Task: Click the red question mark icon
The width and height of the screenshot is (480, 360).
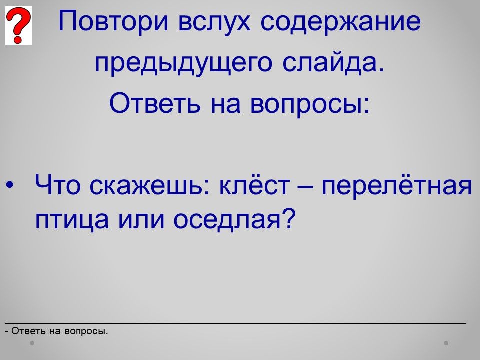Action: tap(18, 25)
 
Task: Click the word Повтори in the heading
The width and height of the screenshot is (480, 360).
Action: tap(113, 21)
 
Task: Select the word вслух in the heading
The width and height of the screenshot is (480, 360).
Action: tap(214, 21)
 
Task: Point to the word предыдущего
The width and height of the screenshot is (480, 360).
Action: tap(183, 63)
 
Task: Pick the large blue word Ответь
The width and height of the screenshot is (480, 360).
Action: tap(155, 103)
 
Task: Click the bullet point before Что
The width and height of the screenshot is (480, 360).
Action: tap(10, 185)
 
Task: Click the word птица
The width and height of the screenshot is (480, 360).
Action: tap(72, 220)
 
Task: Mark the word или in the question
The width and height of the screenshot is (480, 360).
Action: tap(141, 220)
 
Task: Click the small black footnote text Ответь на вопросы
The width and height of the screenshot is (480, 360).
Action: tap(56, 331)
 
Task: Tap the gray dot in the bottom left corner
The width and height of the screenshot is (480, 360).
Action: tap(32, 343)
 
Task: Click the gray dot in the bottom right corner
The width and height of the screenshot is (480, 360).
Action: tap(446, 343)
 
